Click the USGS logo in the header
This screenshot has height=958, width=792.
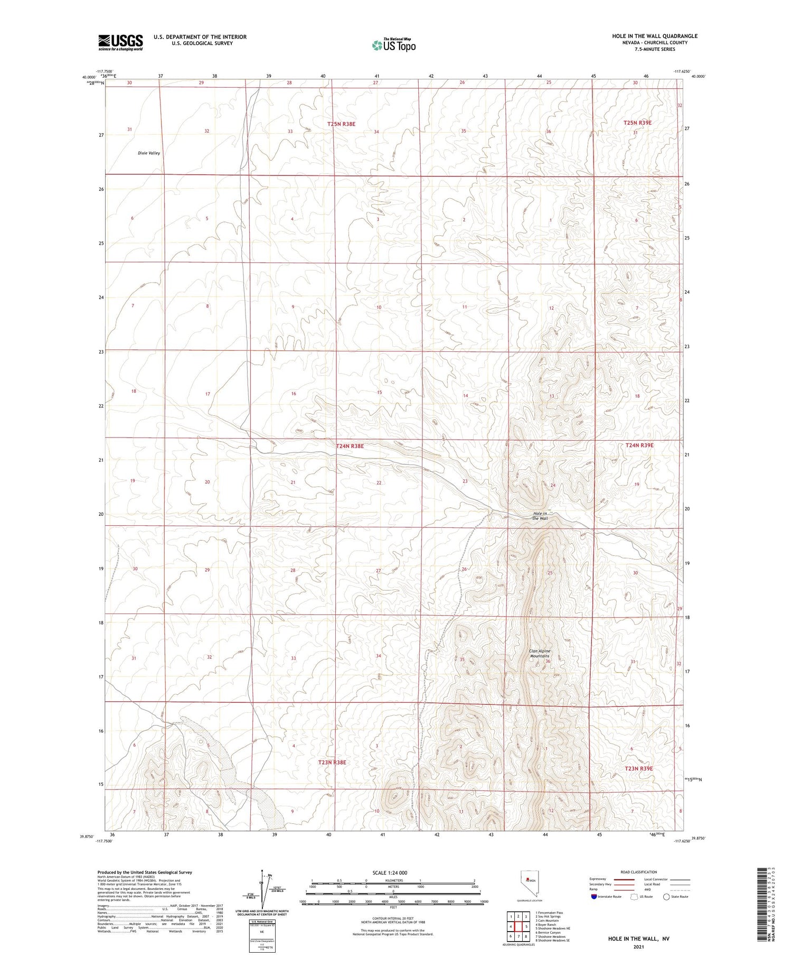coord(120,42)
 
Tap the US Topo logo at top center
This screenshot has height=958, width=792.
coord(393,45)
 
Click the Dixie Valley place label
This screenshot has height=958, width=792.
coord(149,153)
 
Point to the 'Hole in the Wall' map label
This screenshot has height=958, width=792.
coord(540,516)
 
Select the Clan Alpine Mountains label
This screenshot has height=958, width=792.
coord(540,654)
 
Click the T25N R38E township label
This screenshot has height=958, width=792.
coord(341,124)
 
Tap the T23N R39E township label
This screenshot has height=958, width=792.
coord(638,768)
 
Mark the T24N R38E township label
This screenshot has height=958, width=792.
coord(350,446)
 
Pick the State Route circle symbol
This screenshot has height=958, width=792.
coord(666,897)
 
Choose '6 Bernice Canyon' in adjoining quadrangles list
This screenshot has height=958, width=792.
coord(548,933)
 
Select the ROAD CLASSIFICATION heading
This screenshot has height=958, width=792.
coord(639,872)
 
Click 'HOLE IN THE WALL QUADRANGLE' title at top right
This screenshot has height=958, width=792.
coord(655,36)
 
